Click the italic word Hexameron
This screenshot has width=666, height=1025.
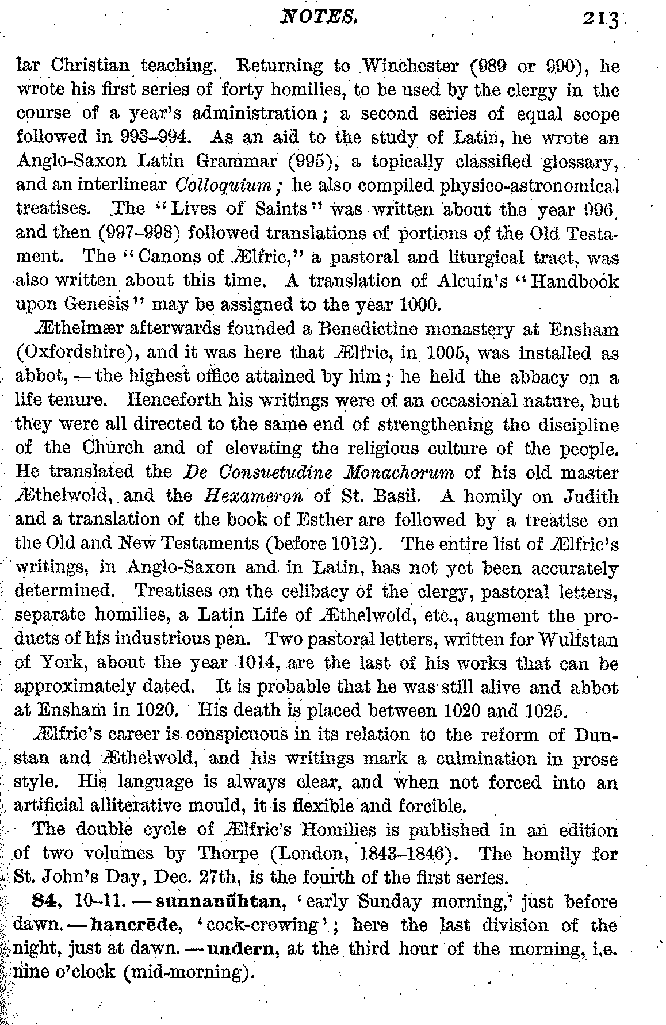point(242,496)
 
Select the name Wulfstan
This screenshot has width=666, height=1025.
point(578,639)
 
